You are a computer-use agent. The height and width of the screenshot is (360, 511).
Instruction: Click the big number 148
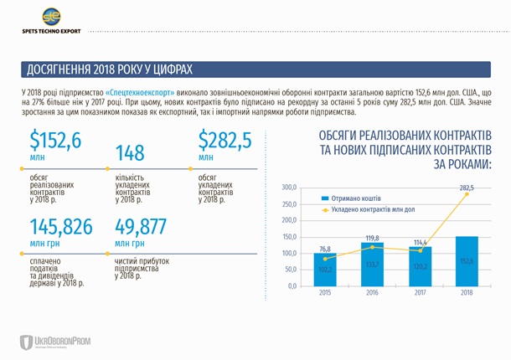130,152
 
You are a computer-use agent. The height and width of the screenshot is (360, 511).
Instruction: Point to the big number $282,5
225,141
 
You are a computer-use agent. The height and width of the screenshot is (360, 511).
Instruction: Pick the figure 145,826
62,226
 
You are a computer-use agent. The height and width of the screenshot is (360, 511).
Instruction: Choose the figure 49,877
141,226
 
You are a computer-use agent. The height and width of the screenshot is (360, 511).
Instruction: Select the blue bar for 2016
372,264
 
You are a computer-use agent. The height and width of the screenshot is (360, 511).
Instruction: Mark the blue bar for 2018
466,260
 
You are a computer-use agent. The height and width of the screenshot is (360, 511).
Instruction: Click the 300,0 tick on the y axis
289,187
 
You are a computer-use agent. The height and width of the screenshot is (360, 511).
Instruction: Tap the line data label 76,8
325,249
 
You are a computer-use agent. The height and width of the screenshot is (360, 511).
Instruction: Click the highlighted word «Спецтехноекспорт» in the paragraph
141,90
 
